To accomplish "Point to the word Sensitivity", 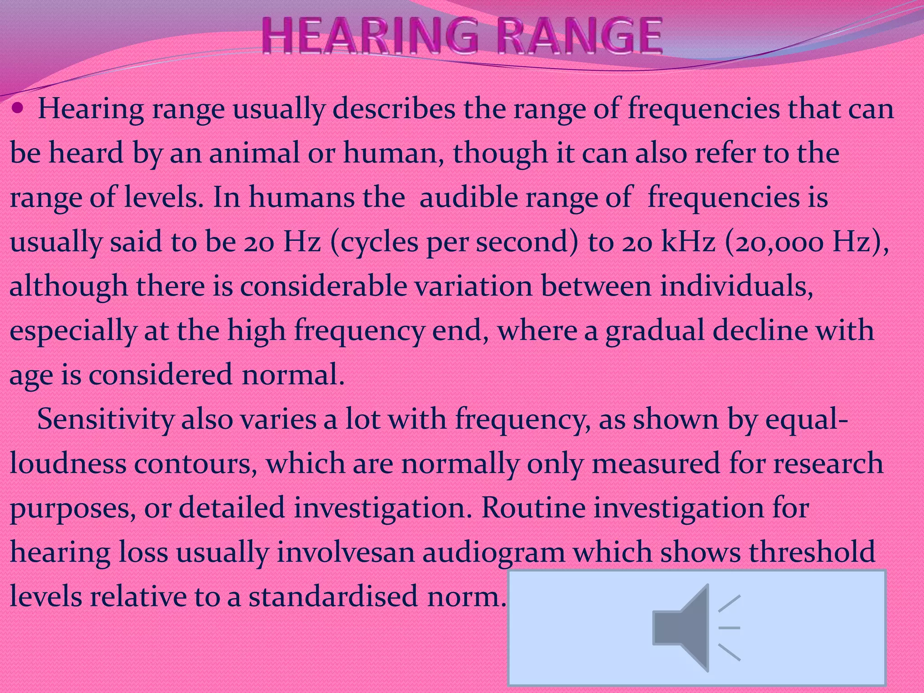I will (105, 419).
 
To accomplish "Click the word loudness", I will (68, 463).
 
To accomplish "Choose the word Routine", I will (533, 507).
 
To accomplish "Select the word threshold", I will (812, 551).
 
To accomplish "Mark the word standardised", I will (333, 596).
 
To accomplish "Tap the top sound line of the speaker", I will (730, 603).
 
